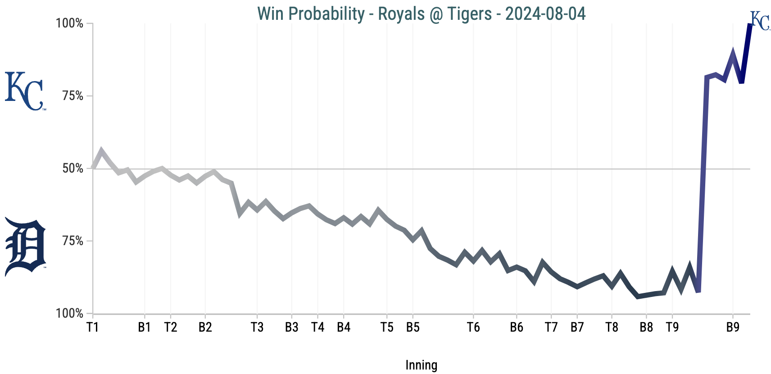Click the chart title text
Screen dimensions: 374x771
pyautogui.click(x=421, y=14)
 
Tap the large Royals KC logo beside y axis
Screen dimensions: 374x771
pyautogui.click(x=25, y=91)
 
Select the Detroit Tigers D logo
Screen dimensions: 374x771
pyautogui.click(x=26, y=246)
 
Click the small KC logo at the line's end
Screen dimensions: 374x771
pyautogui.click(x=760, y=21)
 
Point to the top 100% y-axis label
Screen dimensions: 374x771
pyautogui.click(x=69, y=23)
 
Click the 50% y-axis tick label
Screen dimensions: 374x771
pyautogui.click(x=73, y=169)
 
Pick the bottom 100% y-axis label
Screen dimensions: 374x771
pyautogui.click(x=69, y=314)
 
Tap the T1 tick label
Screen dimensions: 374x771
pyautogui.click(x=92, y=328)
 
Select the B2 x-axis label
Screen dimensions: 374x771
pyautogui.click(x=205, y=328)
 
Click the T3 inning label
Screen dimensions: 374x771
pyautogui.click(x=257, y=328)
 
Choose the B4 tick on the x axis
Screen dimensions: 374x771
pyautogui.click(x=344, y=328)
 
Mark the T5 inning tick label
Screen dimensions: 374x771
pyautogui.click(x=387, y=328)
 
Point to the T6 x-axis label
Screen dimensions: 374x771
pyautogui.click(x=473, y=328)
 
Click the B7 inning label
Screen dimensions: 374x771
pyautogui.click(x=577, y=328)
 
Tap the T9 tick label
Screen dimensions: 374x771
pyautogui.click(x=672, y=328)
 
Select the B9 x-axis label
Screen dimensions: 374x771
pyautogui.click(x=733, y=328)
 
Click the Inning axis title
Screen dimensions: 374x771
pyautogui.click(x=421, y=365)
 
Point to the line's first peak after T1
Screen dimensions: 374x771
pyautogui.click(x=101, y=151)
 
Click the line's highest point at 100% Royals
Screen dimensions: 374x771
pyautogui.click(x=750, y=24)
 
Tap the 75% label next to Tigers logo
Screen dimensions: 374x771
pyautogui.click(x=73, y=241)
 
